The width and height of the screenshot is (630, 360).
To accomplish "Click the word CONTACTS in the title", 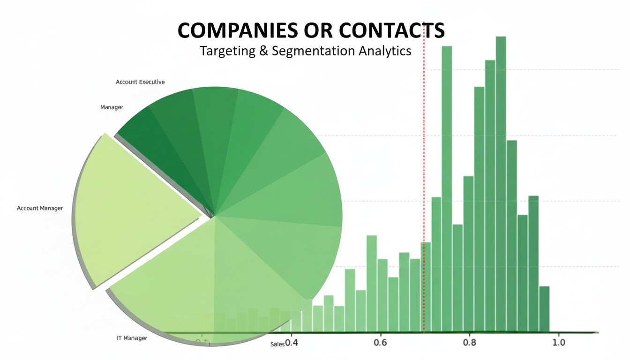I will point(391,30).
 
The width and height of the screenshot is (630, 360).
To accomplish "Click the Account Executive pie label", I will point(140,82).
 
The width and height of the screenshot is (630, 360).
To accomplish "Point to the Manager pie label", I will point(112,107).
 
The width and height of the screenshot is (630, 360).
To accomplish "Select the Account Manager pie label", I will point(40,208).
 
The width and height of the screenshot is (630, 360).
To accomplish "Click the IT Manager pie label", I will point(132,338).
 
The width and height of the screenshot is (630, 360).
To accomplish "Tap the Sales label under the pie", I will point(277,345).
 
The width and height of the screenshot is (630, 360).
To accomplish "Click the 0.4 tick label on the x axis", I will point(291,343).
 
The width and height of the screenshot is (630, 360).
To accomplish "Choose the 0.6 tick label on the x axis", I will point(380,343).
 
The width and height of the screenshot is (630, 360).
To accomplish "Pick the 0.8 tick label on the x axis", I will point(469,343).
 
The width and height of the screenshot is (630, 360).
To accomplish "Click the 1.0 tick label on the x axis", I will point(558,343).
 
